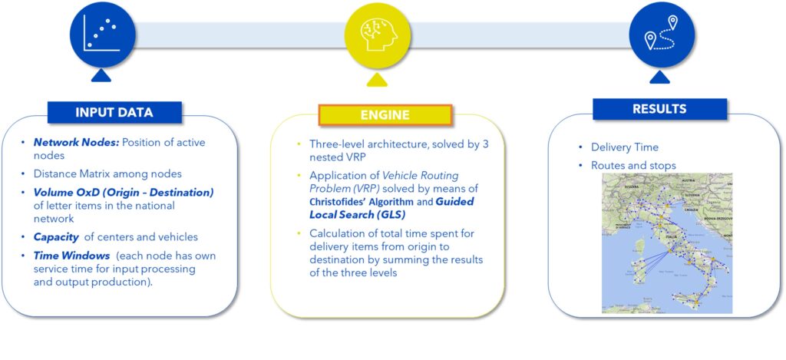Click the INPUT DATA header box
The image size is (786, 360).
pyautogui.click(x=114, y=112)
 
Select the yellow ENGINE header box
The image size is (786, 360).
pyautogui.click(x=385, y=115)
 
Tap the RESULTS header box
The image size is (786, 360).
pyautogui.click(x=659, y=109)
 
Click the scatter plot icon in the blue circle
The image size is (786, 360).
pyautogui.click(x=101, y=35)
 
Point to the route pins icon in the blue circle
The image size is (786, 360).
pyautogui.click(x=662, y=35)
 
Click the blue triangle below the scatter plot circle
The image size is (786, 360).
pyautogui.click(x=101, y=75)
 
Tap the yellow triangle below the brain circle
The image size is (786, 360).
pyautogui.click(x=376, y=79)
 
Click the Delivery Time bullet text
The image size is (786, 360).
pyautogui.click(x=624, y=147)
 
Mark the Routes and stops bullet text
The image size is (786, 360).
pyautogui.click(x=633, y=165)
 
